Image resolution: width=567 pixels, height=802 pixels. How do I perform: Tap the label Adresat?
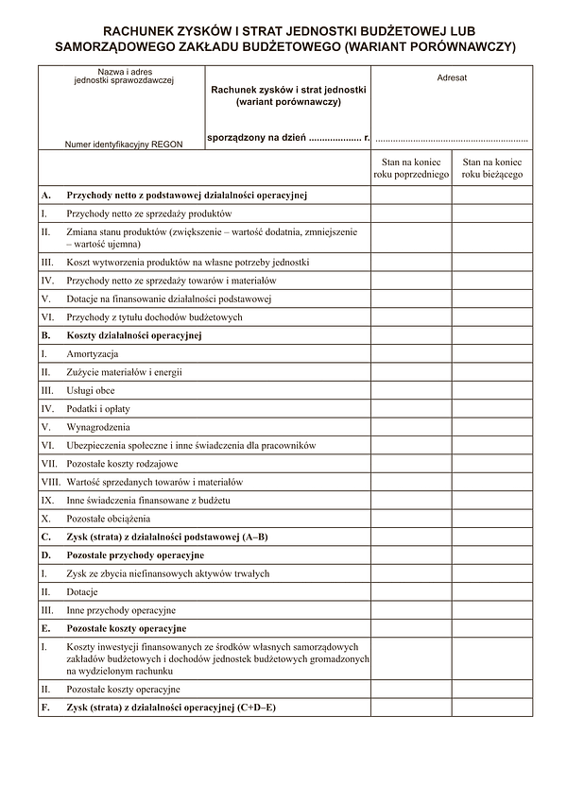pos(452,78)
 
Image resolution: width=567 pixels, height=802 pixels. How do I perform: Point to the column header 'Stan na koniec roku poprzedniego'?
pos(410,169)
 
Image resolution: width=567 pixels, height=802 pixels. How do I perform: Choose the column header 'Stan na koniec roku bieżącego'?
pos(491,169)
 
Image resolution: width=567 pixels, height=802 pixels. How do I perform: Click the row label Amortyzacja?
pos(92,354)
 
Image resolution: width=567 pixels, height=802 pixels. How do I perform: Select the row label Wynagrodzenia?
pos(98,427)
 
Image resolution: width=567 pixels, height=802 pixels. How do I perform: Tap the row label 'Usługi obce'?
pos(91,390)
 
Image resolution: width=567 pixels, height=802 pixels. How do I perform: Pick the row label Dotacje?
pos(82,592)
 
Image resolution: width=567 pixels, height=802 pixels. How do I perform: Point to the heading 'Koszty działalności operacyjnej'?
pos(134,335)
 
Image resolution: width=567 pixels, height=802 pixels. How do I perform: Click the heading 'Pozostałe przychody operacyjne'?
pos(135,555)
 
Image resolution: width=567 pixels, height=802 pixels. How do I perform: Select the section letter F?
pos(44,708)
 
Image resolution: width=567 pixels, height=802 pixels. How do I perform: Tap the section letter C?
pos(44,537)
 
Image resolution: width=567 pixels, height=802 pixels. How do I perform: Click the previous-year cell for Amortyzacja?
pos(410,354)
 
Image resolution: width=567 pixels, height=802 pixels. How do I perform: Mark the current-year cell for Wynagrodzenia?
pos(491,427)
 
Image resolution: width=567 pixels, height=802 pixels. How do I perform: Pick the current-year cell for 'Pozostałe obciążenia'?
pos(491,519)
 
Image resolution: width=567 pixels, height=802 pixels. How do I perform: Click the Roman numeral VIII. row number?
pos(50,482)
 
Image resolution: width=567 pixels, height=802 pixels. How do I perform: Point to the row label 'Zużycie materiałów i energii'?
pos(124,372)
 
